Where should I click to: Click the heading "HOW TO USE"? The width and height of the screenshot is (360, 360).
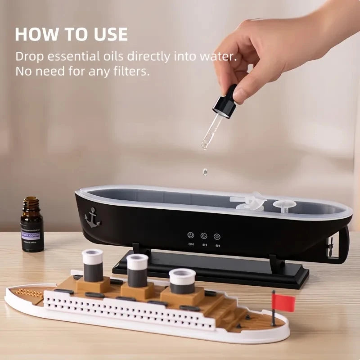(72, 35)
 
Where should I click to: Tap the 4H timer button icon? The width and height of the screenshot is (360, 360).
(204, 236)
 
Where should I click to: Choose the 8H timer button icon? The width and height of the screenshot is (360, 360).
(217, 236)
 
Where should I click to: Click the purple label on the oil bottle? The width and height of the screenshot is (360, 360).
(31, 235)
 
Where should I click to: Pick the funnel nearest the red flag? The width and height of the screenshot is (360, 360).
(182, 281)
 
